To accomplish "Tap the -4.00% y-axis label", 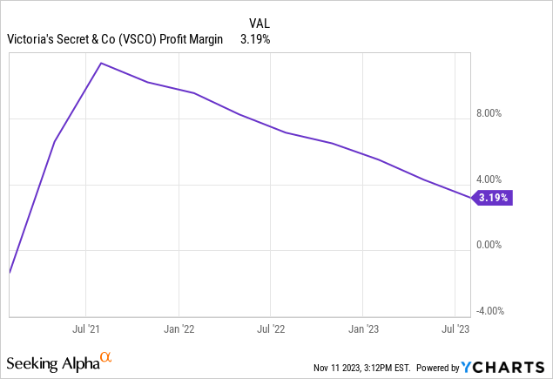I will tap(492, 311).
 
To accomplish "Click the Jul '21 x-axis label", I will tap(85, 330).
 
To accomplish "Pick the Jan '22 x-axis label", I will tap(179, 330).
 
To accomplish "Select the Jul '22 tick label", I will tap(271, 330).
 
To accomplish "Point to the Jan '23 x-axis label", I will tap(364, 330).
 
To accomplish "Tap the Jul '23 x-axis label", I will tap(456, 330).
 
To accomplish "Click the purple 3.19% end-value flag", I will tap(492, 198).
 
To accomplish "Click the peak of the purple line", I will tap(102, 63).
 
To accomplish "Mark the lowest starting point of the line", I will tap(10, 273).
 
